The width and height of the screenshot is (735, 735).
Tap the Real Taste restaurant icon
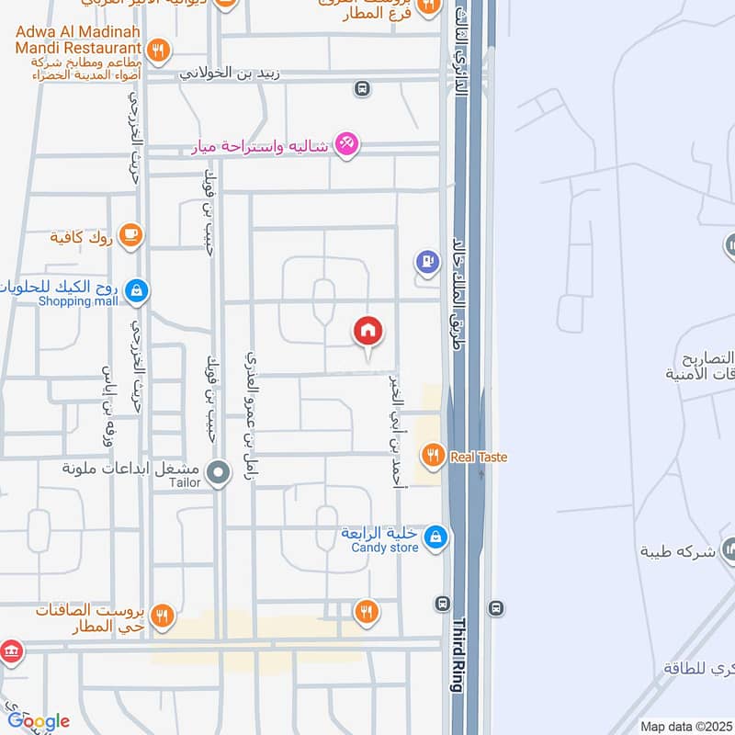tap(433, 454)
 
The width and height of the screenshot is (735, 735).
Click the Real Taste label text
tap(478, 457)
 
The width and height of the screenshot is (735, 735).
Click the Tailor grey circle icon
tap(218, 474)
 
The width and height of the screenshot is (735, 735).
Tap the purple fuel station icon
tap(426, 263)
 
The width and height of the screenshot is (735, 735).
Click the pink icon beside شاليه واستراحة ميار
tap(346, 143)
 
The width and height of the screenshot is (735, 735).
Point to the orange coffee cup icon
tap(130, 236)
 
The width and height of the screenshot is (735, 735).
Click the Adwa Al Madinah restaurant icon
tap(160, 50)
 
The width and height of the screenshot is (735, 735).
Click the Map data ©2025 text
tap(685, 726)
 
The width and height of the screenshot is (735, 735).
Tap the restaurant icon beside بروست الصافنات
tap(163, 616)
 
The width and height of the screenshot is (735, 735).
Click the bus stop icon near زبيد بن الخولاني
tap(363, 89)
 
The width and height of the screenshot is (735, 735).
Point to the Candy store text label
tap(384, 548)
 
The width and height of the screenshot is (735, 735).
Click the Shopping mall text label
tap(79, 301)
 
